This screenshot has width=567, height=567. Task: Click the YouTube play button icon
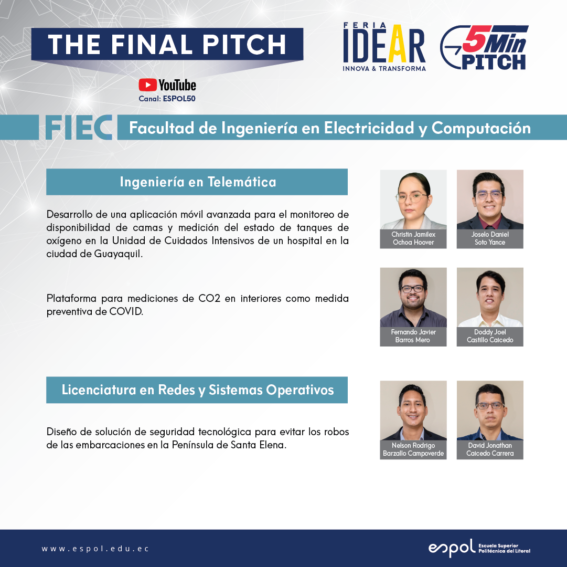[x=147, y=85]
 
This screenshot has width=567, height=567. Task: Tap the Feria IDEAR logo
[x=384, y=47]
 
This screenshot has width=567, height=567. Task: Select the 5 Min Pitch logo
[x=484, y=47]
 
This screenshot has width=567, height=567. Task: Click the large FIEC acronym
[x=79, y=128]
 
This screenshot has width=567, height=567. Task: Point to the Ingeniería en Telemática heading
[x=198, y=182]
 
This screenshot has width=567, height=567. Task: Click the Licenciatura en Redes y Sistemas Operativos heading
[x=197, y=390]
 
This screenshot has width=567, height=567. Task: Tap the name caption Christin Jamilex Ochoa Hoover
[x=413, y=238]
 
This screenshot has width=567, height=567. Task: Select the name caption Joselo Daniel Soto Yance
[x=490, y=238]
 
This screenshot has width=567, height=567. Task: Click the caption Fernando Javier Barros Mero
[x=413, y=336]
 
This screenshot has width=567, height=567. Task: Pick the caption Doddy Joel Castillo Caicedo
[x=490, y=336]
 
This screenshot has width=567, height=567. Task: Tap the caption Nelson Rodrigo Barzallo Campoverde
[x=413, y=449]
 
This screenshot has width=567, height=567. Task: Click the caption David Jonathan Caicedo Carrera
[x=490, y=449]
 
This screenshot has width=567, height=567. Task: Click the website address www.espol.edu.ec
[x=95, y=549]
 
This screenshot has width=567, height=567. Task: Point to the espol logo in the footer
[x=479, y=548]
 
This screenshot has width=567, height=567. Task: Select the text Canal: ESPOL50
[x=167, y=98]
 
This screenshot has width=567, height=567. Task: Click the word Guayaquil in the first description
[x=118, y=254]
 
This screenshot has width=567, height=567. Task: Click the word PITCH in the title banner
[x=244, y=45]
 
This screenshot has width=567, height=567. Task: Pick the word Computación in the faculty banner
[x=481, y=129]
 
